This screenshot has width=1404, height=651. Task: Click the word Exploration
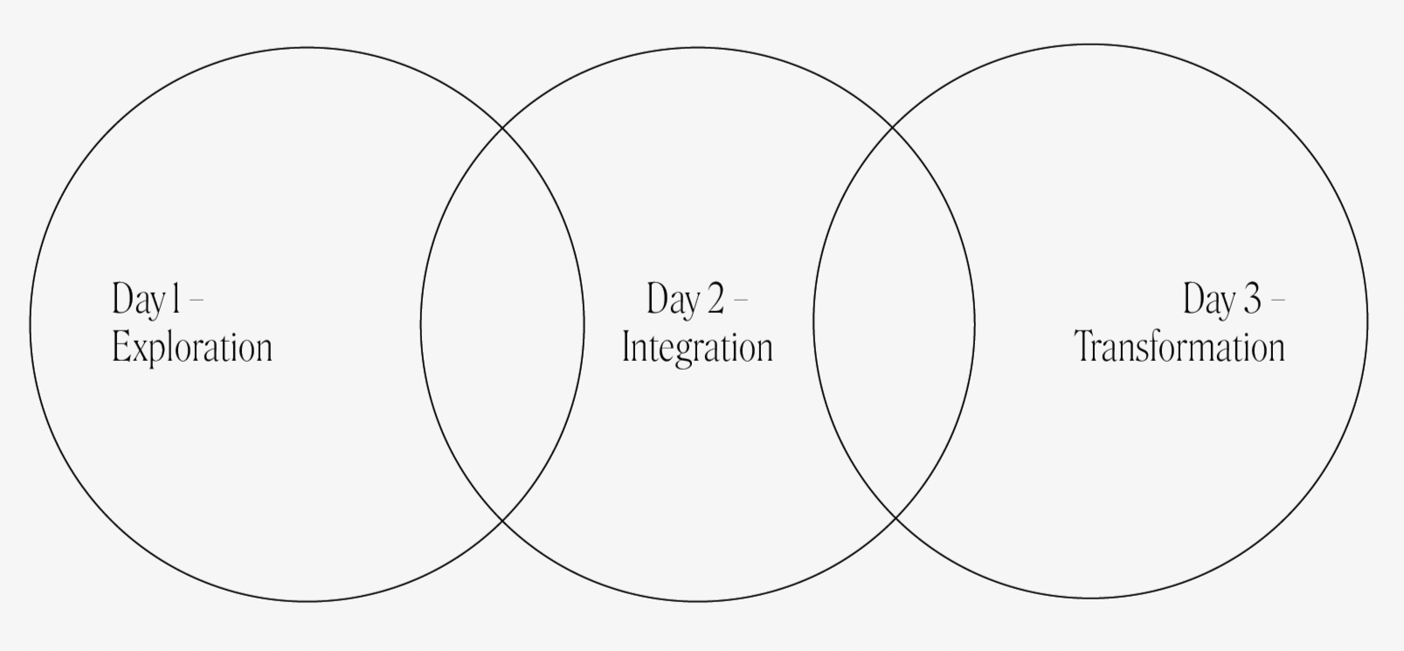192,348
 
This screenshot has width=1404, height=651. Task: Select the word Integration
697,348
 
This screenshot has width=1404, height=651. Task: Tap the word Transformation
1179,348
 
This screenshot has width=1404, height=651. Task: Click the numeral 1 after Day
176,300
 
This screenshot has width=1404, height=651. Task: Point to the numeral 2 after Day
715,300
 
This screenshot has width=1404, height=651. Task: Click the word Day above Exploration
137,300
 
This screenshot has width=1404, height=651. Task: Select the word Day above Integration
672,300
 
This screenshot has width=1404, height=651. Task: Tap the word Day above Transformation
1208,300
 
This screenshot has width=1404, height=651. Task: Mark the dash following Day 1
197,300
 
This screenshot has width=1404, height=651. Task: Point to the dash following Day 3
1277,300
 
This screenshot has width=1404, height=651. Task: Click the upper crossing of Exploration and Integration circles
502,128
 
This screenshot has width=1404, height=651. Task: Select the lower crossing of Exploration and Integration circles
502,521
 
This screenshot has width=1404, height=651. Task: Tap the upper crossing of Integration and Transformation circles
893,128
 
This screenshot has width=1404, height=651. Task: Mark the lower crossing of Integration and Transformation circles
895,519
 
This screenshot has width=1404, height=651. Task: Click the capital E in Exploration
120,348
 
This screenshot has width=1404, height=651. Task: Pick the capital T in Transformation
1084,348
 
